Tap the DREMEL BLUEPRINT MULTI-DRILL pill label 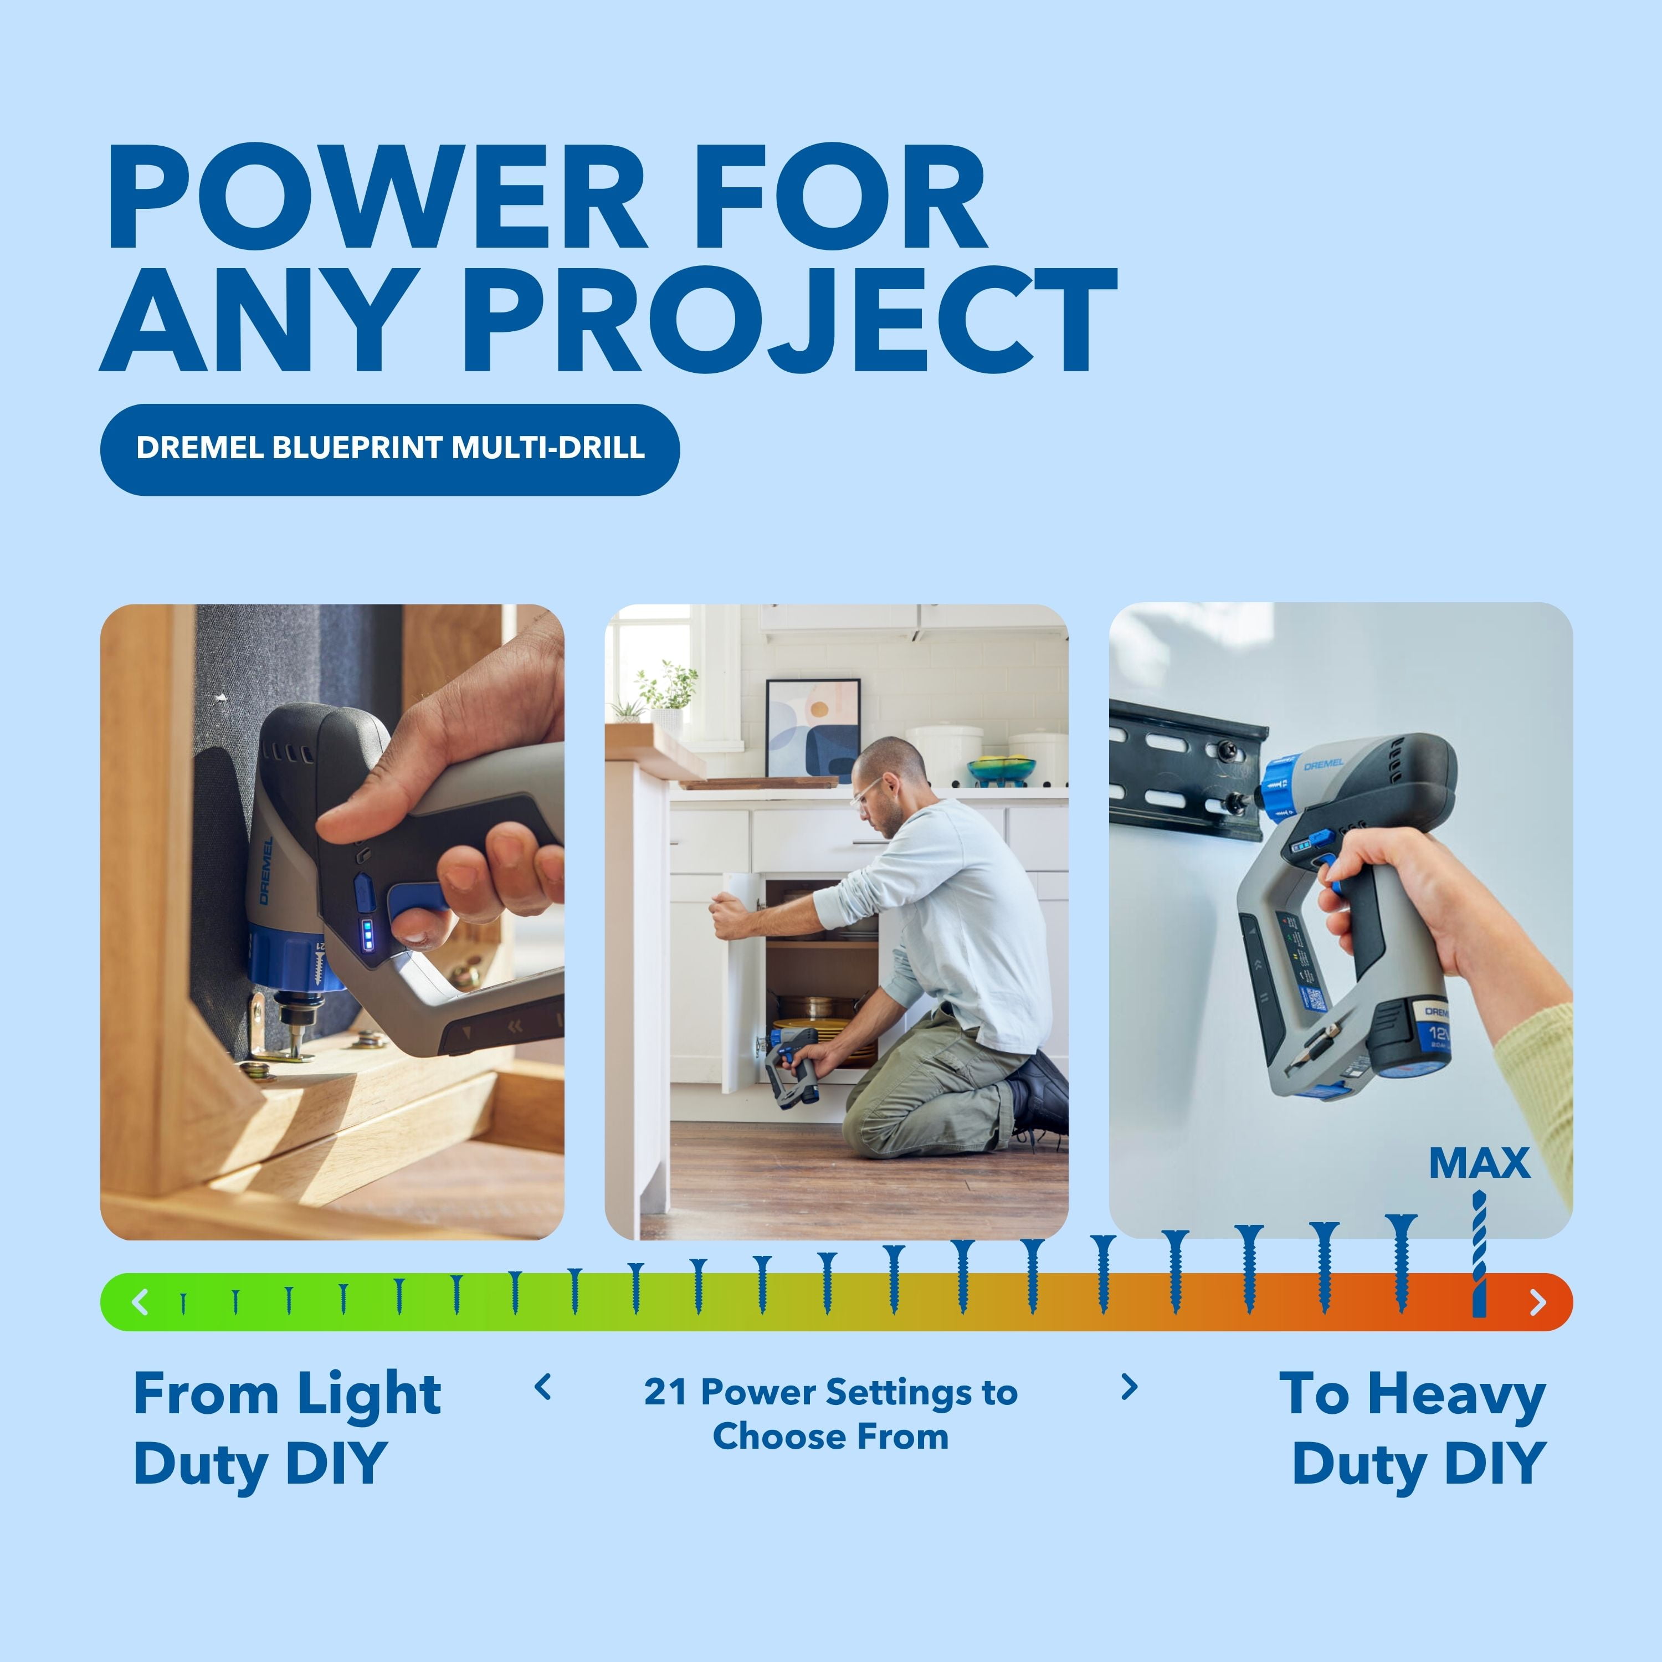pyautogui.click(x=389, y=448)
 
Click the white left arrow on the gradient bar pyautogui.click(x=140, y=1301)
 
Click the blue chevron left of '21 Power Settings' pyautogui.click(x=543, y=1387)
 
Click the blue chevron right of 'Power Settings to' pyautogui.click(x=1130, y=1387)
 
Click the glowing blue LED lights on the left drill pyautogui.click(x=367, y=935)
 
